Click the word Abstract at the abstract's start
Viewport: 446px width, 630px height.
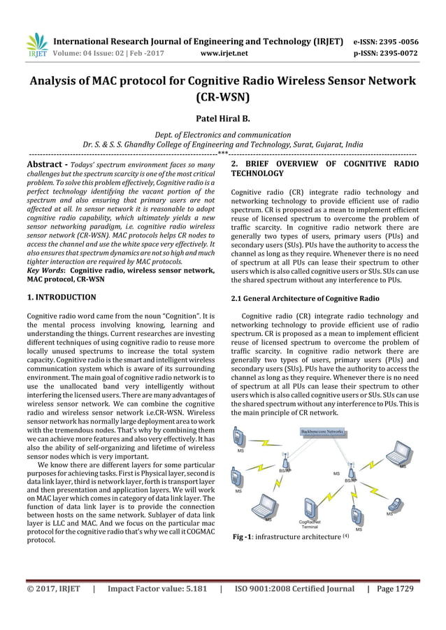coord(45,164)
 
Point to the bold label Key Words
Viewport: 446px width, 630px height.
coord(45,270)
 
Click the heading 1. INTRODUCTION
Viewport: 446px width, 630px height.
coord(62,298)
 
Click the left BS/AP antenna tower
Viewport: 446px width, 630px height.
coord(285,463)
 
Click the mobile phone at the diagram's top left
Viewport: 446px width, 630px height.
coord(240,438)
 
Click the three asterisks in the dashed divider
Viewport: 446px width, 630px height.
coord(222,152)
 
